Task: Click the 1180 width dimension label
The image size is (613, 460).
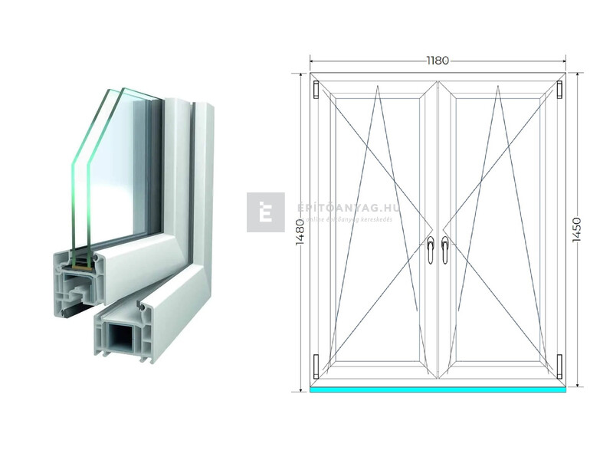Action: coord(438,60)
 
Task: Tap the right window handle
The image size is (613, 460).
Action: coord(444,250)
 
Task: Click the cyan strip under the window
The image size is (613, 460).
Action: coord(438,389)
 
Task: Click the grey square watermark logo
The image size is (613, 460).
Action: coord(265,212)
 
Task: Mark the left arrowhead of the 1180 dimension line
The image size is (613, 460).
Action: coord(312,60)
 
